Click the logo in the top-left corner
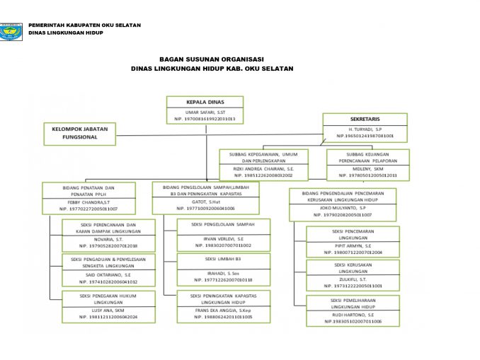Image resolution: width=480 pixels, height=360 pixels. (x=12, y=31)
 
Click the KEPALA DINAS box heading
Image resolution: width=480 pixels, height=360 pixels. (x=205, y=102)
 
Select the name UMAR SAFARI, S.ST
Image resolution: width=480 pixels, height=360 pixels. (x=205, y=112)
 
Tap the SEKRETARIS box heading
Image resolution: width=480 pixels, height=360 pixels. (x=365, y=120)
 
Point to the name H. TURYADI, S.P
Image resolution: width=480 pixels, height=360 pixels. (x=365, y=129)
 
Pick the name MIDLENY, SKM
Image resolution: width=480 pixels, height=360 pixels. (x=367, y=169)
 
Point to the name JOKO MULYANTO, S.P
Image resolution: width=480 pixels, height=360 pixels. (x=342, y=208)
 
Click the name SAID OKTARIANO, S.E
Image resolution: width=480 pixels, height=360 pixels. (x=108, y=274)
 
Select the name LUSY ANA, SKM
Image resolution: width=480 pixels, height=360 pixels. (x=108, y=310)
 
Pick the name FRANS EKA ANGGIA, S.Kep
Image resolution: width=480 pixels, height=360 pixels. (x=223, y=310)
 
